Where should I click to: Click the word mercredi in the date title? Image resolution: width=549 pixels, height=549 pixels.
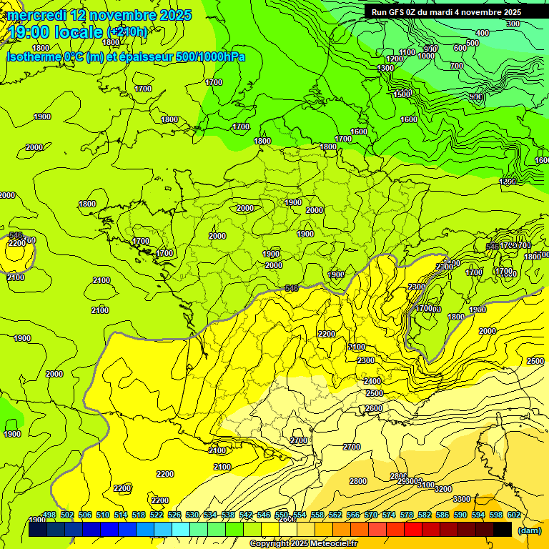(36, 15)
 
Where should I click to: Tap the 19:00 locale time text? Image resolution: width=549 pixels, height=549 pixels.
(55, 32)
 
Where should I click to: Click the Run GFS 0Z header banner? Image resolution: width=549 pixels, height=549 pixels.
(446, 12)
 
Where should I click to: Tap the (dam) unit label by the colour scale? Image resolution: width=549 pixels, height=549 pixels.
(529, 530)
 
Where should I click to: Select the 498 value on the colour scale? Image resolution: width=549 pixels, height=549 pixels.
(49, 515)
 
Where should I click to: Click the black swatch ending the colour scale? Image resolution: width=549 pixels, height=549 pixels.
(503, 529)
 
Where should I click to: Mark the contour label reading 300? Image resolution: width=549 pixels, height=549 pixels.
(513, 24)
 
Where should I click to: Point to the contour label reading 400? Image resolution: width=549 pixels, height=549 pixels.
(483, 33)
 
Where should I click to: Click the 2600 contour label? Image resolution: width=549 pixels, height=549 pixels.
(374, 408)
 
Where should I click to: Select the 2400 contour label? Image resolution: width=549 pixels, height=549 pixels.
(372, 381)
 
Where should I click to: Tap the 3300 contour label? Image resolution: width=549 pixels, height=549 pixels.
(462, 499)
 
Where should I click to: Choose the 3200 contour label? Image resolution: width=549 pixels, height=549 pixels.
(443, 489)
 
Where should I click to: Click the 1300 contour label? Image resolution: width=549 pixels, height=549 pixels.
(385, 68)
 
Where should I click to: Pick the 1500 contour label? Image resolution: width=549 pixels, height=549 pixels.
(402, 94)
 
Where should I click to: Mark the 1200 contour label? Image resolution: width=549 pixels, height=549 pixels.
(394, 59)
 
